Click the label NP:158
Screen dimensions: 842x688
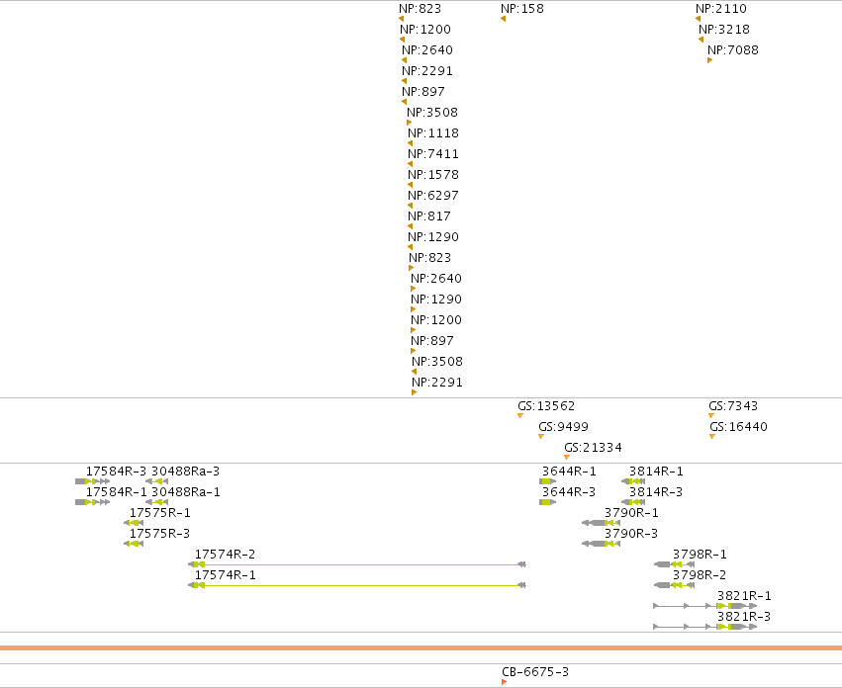point(522,9)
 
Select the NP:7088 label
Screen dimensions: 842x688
point(733,49)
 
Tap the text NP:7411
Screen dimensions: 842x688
point(433,154)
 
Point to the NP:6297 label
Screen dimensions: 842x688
point(433,196)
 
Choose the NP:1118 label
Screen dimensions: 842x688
point(433,133)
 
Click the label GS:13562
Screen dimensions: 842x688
point(546,405)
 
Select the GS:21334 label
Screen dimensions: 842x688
point(593,448)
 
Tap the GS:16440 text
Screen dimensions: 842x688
point(738,427)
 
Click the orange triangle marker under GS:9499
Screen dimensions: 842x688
point(541,436)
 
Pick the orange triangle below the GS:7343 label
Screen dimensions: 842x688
point(711,415)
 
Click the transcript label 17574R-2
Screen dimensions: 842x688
point(225,555)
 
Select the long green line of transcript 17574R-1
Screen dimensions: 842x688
point(361,585)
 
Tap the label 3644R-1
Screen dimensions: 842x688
point(569,472)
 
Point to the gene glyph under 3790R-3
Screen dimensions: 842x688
point(601,544)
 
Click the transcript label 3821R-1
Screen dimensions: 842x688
point(744,596)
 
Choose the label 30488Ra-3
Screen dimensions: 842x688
point(185,472)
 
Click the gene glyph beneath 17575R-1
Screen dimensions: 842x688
point(134,523)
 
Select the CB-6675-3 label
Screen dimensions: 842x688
point(535,672)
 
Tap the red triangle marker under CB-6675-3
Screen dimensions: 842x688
point(504,682)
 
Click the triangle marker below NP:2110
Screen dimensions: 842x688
point(699,19)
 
